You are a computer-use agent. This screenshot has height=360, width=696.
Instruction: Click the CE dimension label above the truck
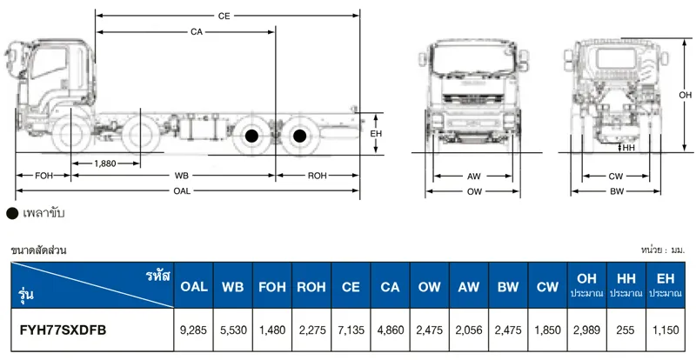click(224, 16)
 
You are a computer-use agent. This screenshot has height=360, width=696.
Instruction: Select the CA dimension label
click(197, 32)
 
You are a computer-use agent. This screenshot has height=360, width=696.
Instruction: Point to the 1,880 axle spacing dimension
click(105, 163)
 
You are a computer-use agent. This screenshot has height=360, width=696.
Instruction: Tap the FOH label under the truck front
click(44, 176)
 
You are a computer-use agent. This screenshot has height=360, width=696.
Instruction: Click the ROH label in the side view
click(318, 176)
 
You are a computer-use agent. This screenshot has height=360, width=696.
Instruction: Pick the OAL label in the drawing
click(182, 191)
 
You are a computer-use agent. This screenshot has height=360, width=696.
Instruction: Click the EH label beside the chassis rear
click(376, 134)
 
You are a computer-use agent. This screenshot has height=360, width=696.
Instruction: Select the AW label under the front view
click(473, 177)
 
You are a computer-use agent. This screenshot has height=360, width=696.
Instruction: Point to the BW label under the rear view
click(617, 192)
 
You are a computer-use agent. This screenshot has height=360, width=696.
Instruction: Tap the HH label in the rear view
click(629, 148)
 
